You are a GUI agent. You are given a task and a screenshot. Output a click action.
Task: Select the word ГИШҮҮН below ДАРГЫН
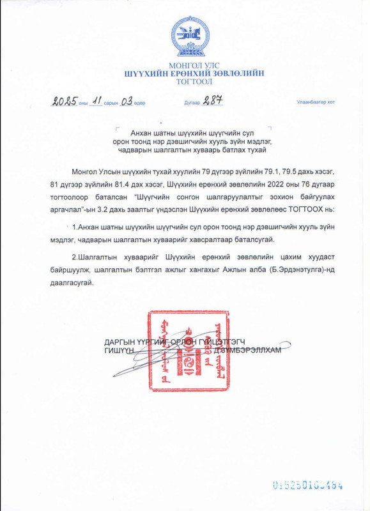118,349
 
